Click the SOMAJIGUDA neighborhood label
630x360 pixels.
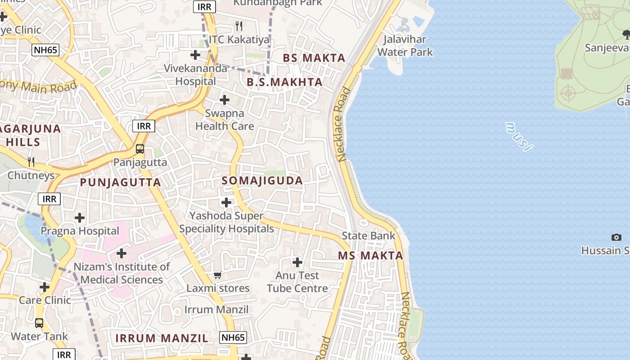pos(262,181)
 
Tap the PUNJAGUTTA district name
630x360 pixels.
pos(120,182)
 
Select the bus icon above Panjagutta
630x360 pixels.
pos(140,149)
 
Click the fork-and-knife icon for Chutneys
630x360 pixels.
pos(31,162)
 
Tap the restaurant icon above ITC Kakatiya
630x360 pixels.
pos(239,26)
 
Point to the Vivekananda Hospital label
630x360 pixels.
pos(195,75)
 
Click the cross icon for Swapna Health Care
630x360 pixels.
pos(224,100)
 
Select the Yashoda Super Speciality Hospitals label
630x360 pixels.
pos(226,222)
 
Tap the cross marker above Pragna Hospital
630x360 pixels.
pos(80,218)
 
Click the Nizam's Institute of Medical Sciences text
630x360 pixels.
pos(121,273)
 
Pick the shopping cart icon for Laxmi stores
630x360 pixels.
pos(218,275)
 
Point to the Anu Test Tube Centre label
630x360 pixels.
pos(297,282)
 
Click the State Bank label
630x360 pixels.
pos(368,235)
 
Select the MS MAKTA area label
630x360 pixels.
pos(370,256)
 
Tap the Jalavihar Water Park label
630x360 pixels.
pos(405,45)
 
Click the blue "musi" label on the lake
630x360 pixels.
pos(519,136)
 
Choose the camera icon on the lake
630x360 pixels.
pos(616,237)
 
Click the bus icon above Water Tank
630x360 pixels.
pos(39,323)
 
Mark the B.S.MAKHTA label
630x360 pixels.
pos(284,82)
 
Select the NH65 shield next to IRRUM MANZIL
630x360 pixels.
pos(233,337)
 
